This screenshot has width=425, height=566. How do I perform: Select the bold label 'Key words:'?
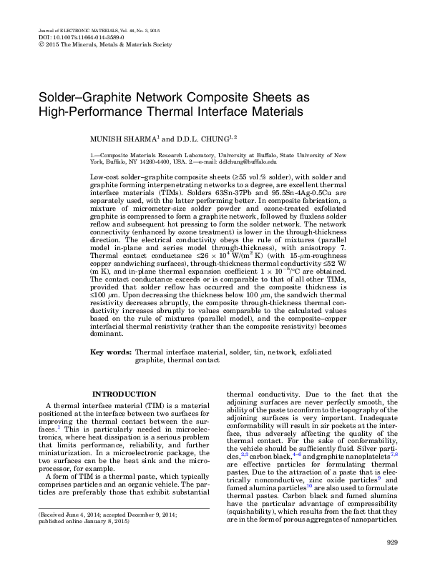pyautogui.click(x=111, y=352)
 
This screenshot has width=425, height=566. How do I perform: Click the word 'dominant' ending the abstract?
pyautogui.click(x=108, y=334)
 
